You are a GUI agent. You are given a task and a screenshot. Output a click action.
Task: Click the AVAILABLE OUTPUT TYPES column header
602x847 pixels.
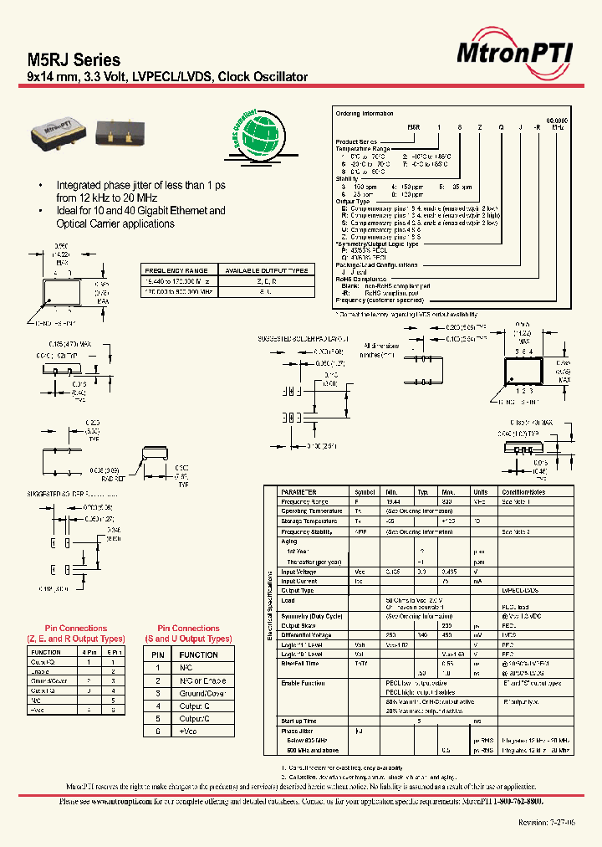tap(265, 270)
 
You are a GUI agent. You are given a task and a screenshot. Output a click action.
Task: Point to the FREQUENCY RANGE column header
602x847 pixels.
tap(177, 270)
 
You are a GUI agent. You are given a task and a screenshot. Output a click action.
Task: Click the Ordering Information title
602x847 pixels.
tap(364, 112)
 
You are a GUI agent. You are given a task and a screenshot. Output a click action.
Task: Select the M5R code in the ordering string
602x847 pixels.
tap(414, 124)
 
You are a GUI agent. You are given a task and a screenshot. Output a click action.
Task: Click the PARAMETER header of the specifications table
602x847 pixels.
tap(298, 492)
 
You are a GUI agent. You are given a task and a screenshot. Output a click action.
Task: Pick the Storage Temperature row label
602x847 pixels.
tap(311, 521)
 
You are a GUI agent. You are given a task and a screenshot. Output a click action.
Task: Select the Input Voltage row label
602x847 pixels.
tap(299, 571)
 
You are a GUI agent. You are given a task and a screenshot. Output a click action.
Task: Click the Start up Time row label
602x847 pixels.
tap(299, 720)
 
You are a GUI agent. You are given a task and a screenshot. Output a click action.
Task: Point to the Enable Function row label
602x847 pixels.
tap(303, 684)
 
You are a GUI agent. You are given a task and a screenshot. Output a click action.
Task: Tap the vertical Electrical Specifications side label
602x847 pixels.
tap(270, 606)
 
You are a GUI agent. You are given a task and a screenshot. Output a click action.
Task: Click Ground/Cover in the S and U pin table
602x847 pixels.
tap(205, 693)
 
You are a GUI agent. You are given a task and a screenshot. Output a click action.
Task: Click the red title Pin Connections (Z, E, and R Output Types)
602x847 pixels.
tap(74, 632)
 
